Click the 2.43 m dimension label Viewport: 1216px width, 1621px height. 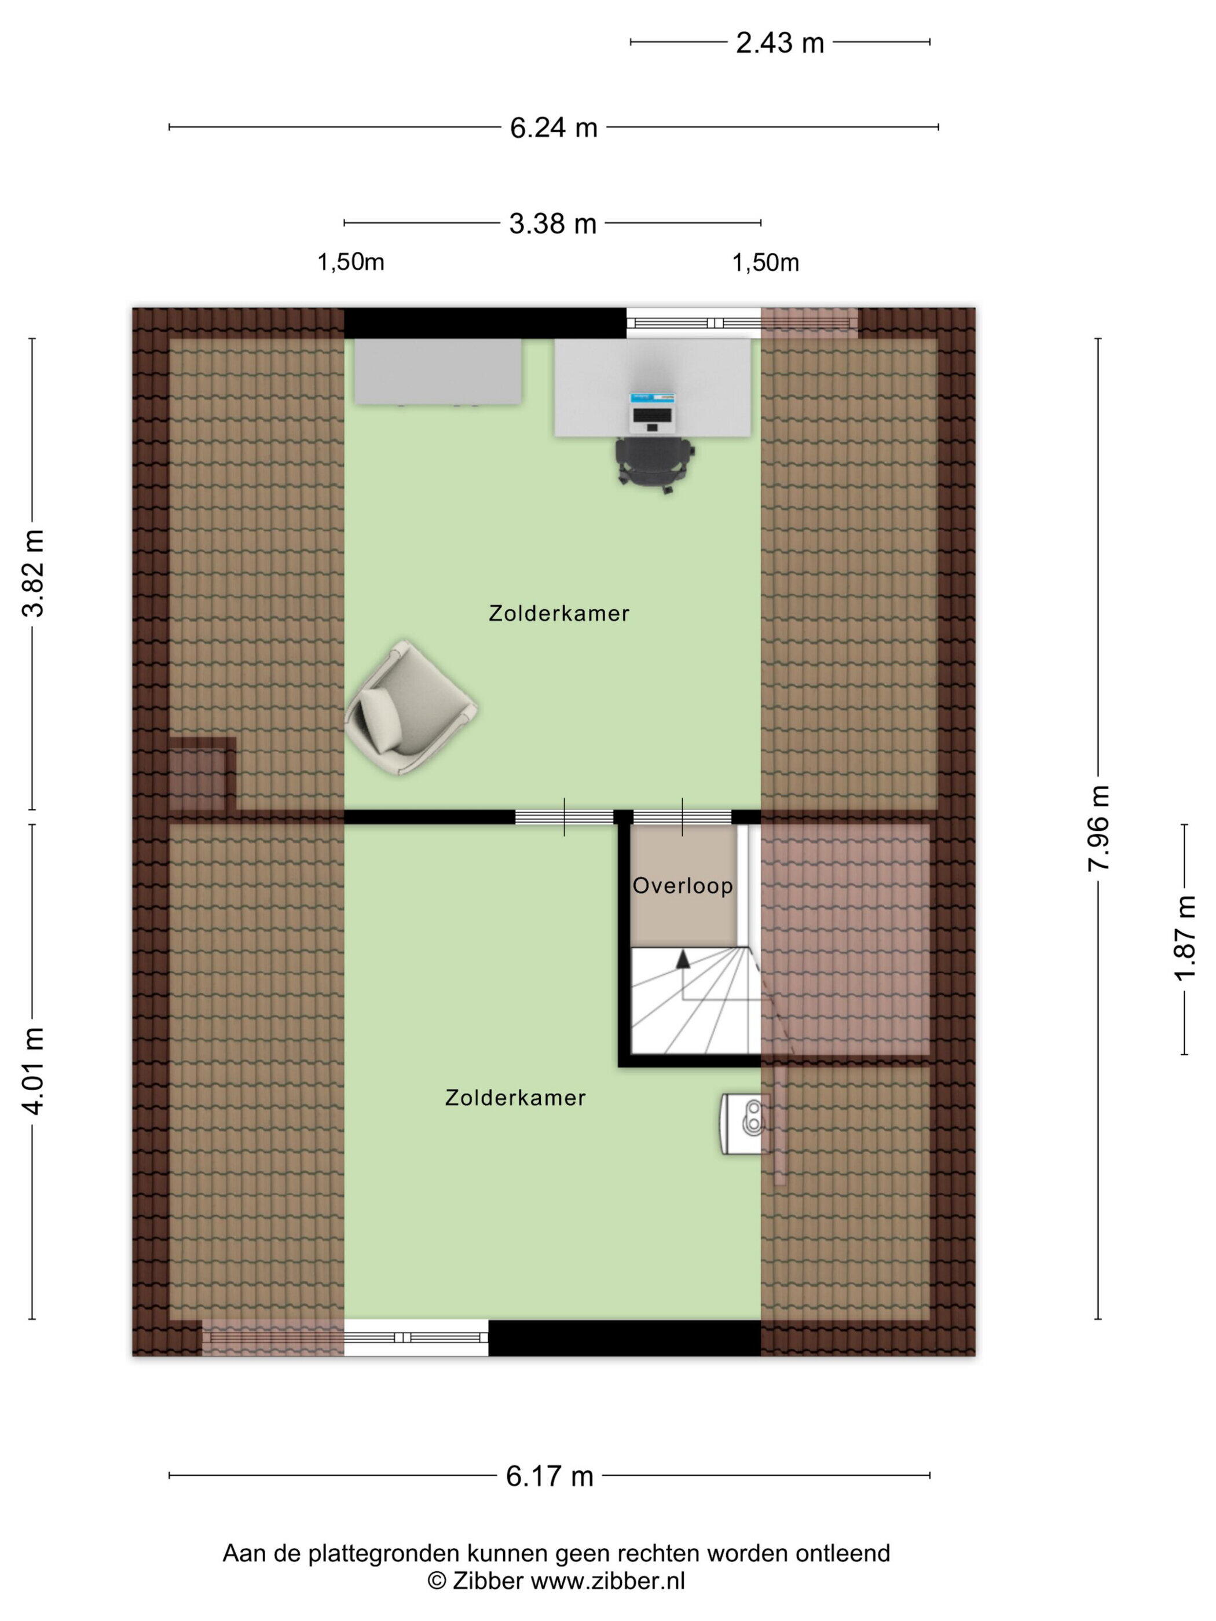pyautogui.click(x=779, y=43)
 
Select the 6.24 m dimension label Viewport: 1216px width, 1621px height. pyautogui.click(x=554, y=127)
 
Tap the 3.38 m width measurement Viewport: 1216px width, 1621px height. pyautogui.click(x=552, y=223)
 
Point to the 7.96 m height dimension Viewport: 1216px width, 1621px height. pyautogui.click(x=1098, y=828)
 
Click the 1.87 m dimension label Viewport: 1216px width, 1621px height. pyautogui.click(x=1185, y=937)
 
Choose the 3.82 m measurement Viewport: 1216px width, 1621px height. pyautogui.click(x=33, y=573)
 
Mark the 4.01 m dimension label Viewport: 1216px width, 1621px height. pyautogui.click(x=33, y=1070)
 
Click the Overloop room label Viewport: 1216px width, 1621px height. pyautogui.click(x=682, y=886)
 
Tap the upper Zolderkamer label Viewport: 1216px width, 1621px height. pyautogui.click(x=559, y=613)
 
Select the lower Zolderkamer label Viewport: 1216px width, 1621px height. pyautogui.click(x=515, y=1098)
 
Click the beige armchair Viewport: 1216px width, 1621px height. pyautogui.click(x=411, y=708)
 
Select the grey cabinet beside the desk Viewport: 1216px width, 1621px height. pyautogui.click(x=438, y=371)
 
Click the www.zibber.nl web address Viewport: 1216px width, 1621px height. pyautogui.click(x=607, y=1580)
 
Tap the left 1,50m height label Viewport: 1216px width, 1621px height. pyautogui.click(x=350, y=262)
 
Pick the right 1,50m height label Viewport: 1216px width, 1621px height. pyautogui.click(x=766, y=262)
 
